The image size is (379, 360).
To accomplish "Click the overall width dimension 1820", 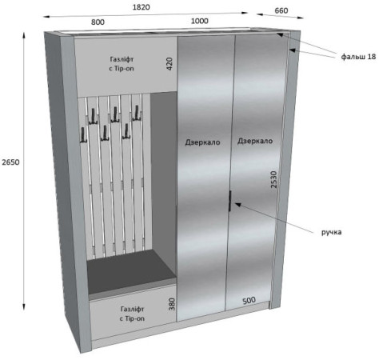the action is (x=141, y=7).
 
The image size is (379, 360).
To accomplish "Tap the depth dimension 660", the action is (x=281, y=10).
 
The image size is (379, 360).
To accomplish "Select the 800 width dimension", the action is (x=98, y=22).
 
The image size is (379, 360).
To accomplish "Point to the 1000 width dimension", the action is (x=200, y=21).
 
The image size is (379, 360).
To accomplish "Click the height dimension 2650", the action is (x=10, y=162).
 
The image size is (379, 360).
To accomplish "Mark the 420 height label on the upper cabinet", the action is (x=170, y=63).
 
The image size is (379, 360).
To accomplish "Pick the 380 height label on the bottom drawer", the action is (x=172, y=304).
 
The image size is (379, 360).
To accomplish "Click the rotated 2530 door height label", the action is (x=274, y=179).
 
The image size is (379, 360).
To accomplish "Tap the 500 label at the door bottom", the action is (x=249, y=301).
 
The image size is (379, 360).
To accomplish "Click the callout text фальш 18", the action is (x=358, y=57).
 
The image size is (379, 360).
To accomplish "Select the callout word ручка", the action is (x=331, y=232).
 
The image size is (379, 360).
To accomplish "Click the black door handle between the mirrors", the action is (x=229, y=201).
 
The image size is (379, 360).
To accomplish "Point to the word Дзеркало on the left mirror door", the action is (x=202, y=142).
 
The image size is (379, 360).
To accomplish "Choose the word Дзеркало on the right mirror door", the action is (x=255, y=141).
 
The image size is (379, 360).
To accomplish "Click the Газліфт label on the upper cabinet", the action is (x=122, y=59).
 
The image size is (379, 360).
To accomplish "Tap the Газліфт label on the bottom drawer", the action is (x=133, y=309).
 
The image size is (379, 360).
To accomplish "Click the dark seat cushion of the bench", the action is (x=131, y=266).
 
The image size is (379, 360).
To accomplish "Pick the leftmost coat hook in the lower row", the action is (x=83, y=135).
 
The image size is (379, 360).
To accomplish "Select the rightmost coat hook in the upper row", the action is (x=137, y=113).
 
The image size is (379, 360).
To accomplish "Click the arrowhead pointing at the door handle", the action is (x=237, y=204).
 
